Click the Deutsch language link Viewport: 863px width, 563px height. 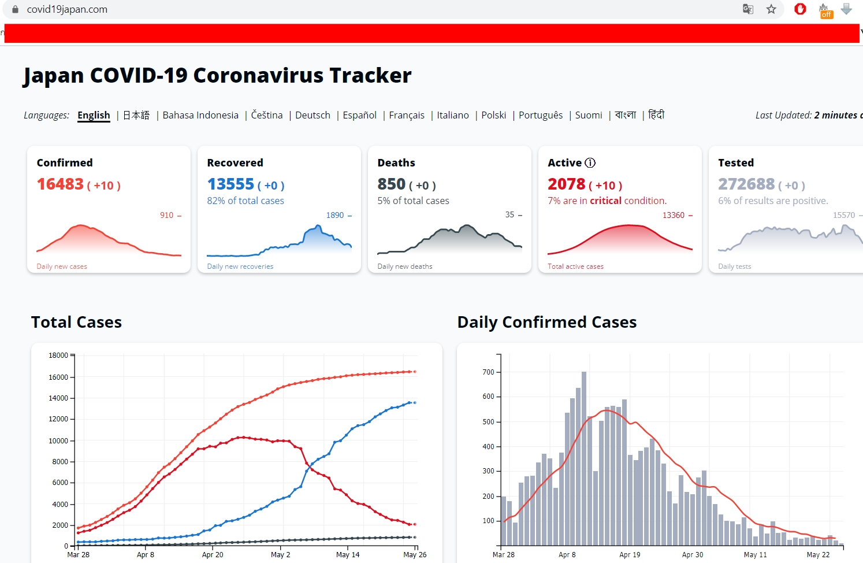coord(313,115)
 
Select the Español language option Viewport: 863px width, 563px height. coord(359,115)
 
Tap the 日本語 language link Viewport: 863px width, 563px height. coord(136,115)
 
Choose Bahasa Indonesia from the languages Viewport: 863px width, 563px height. coord(200,115)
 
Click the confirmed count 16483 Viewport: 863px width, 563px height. coord(60,184)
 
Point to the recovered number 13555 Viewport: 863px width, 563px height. coord(230,184)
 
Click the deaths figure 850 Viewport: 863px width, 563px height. coord(392,184)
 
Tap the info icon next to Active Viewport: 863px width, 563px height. coord(590,163)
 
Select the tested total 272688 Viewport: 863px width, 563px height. coord(746,184)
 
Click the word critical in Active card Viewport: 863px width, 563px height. coord(605,201)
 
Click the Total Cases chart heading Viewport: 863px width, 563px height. coord(76,322)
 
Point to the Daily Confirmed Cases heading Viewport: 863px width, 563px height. coord(546,322)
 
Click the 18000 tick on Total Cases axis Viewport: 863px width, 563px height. coord(58,355)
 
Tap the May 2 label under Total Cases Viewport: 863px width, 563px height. coord(281,555)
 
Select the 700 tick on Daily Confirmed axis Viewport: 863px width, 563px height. coord(489,372)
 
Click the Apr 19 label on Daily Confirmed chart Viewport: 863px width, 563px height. coord(630,555)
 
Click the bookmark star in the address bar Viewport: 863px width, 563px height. coord(771,9)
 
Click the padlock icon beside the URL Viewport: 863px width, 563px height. coord(15,9)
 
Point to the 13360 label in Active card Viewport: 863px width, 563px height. coord(674,215)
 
